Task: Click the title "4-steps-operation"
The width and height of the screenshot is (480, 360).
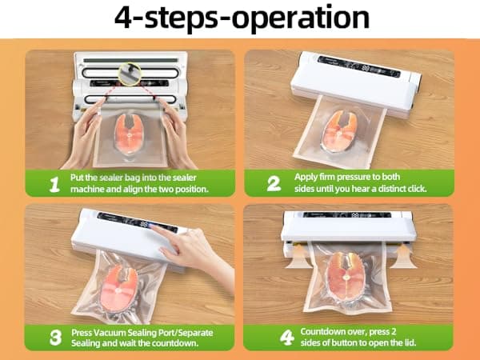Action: coord(240,18)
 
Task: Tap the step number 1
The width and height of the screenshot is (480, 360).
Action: coord(54,184)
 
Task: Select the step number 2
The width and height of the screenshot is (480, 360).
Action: coord(273,184)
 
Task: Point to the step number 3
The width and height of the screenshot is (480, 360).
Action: coord(54,337)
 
